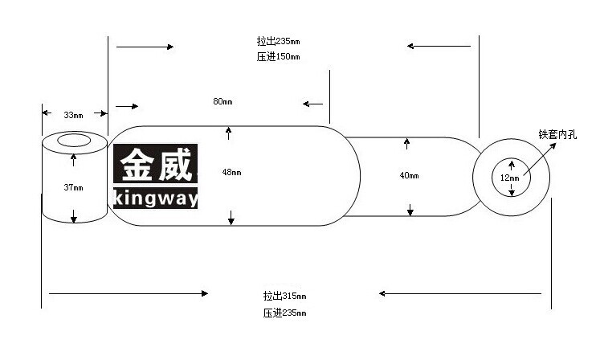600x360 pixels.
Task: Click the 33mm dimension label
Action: [73, 115]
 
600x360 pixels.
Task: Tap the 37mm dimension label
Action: [73, 187]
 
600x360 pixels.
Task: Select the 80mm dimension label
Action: [222, 101]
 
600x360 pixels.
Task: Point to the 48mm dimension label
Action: [232, 172]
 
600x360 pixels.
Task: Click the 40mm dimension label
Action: [410, 175]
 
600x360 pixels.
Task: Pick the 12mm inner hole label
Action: [510, 178]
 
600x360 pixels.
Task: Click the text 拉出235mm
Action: [278, 41]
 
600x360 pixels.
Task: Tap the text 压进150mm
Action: [278, 57]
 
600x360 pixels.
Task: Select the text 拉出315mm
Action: [284, 296]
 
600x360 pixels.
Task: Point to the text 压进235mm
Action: [284, 313]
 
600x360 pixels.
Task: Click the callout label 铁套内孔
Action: [557, 134]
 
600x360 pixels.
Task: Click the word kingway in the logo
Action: [156, 198]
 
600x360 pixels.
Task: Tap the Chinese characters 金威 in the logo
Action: [156, 165]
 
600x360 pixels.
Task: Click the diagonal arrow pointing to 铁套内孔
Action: [540, 159]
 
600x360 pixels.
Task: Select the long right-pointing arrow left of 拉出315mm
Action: [129, 294]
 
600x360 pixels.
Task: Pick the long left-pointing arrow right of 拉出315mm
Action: [460, 294]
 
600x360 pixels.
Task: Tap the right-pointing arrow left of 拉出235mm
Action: [145, 47]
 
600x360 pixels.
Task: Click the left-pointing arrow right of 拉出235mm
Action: [439, 46]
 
